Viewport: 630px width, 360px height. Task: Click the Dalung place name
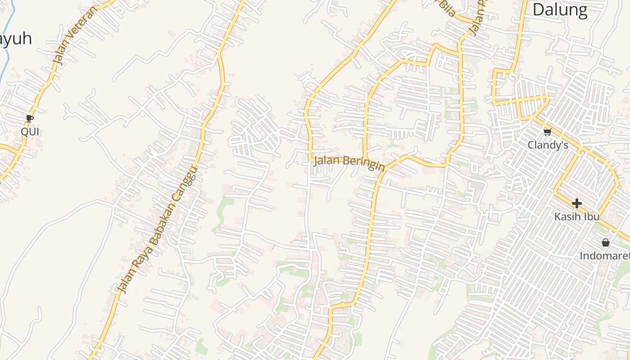tap(560, 10)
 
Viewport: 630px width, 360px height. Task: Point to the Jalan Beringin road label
tap(349, 162)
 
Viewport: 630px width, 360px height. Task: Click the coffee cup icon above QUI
tap(30, 118)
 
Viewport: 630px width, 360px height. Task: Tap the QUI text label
tap(30, 132)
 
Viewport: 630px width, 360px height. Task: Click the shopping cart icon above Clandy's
tap(547, 132)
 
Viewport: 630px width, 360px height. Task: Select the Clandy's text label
tap(548, 145)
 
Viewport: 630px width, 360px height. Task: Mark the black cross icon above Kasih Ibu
tap(576, 203)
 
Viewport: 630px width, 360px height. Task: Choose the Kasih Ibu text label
tap(576, 216)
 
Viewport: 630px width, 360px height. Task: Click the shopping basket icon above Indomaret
tap(606, 243)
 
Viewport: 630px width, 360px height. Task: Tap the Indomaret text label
tap(604, 256)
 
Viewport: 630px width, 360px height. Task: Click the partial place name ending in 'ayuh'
tap(16, 39)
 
